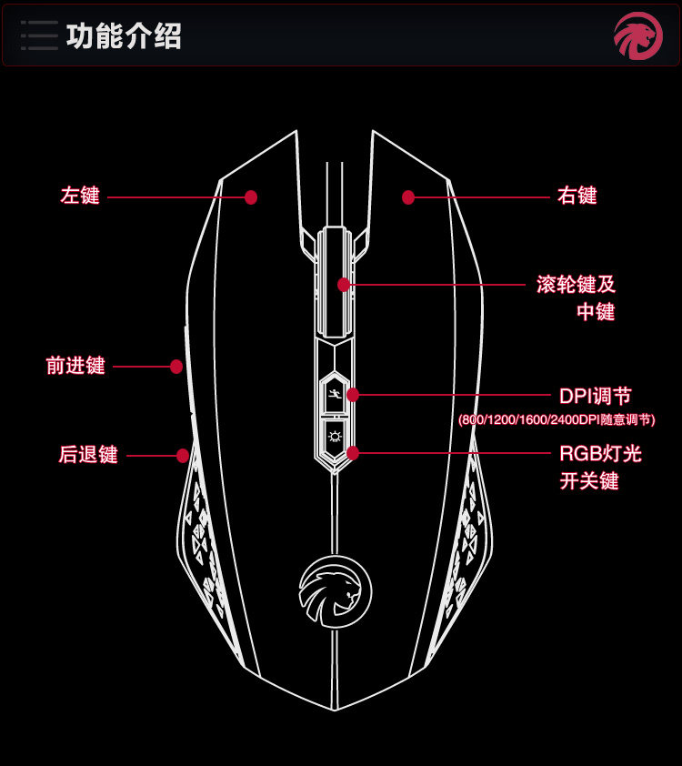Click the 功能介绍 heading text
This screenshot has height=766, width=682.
pos(124,35)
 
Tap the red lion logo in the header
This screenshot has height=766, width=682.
pos(637,36)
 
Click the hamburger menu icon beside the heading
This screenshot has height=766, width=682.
pos(39,35)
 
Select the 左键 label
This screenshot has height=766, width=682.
pos(80,196)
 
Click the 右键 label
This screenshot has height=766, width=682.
pos(577,196)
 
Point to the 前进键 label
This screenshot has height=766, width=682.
pos(75,366)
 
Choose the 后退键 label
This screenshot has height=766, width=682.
pos(88,454)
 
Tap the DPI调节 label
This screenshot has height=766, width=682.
pos(595,397)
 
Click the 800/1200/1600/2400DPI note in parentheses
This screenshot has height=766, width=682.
pos(557,419)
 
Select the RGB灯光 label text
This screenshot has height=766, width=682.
pos(599,453)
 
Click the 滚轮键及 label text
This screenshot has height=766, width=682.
pos(576,285)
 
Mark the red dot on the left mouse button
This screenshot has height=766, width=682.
pos(251,197)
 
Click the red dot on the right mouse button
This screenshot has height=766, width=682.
pos(408,197)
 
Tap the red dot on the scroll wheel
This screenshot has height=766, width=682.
pos(344,285)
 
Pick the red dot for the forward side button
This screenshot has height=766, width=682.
pos(176,367)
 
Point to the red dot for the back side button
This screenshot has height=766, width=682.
pos(184,454)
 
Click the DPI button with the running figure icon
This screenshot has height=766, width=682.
pos(335,395)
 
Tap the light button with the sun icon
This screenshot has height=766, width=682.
pos(335,434)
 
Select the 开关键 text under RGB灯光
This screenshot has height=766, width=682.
pos(588,480)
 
